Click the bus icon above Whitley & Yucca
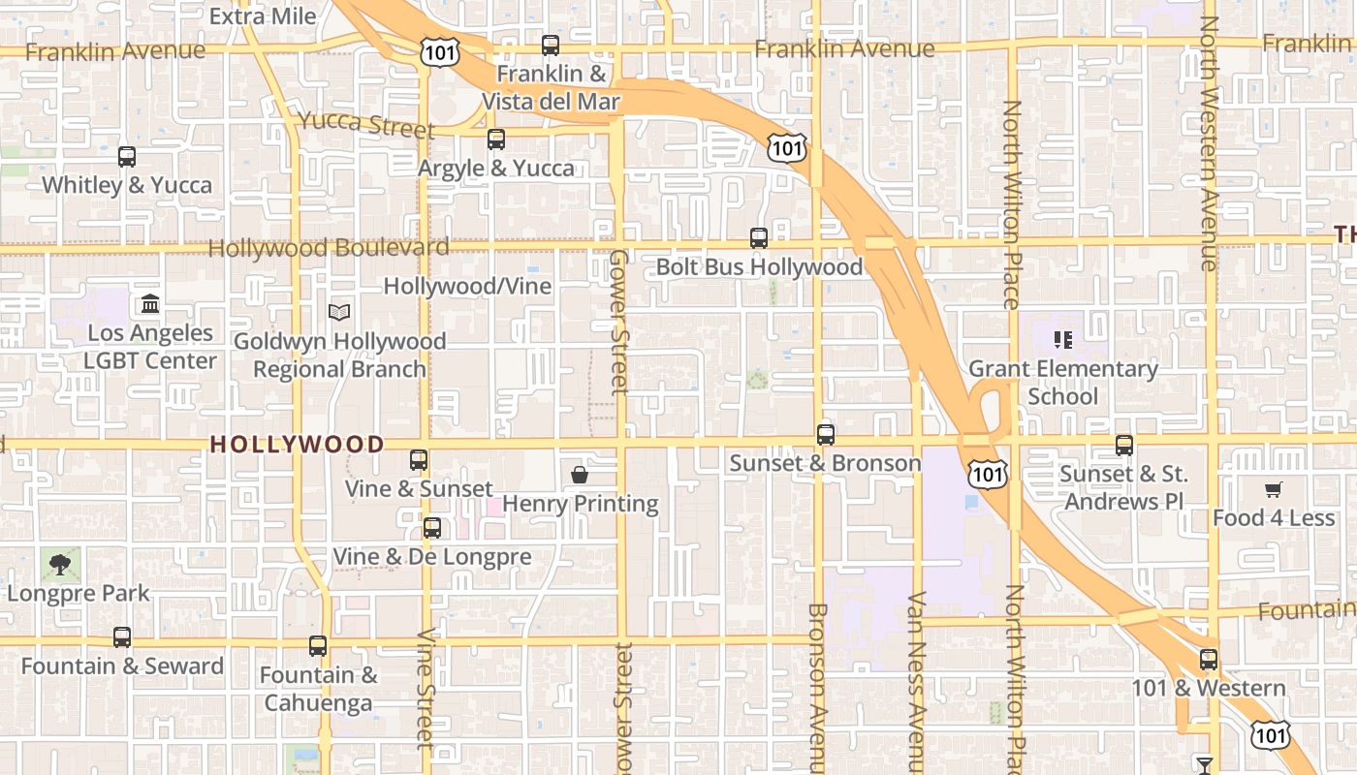[x=127, y=157]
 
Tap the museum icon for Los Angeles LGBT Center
[x=150, y=304]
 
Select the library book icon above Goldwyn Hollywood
[x=339, y=312]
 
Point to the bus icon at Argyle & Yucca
[x=496, y=139]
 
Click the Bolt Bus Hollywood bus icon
[x=759, y=237]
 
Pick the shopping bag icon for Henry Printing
[x=580, y=475]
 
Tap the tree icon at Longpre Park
[x=60, y=564]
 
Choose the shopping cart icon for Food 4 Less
[x=1273, y=490]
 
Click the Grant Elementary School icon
[x=1063, y=340]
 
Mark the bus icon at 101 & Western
[x=1209, y=660]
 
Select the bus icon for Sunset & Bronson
[x=826, y=435]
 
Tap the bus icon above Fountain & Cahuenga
[x=318, y=646]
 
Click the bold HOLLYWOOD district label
[x=297, y=445]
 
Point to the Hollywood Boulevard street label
[x=329, y=248]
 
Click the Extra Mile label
[x=263, y=16]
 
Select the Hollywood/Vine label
[x=467, y=286]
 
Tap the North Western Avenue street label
[x=1209, y=143]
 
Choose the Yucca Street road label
[x=366, y=123]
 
